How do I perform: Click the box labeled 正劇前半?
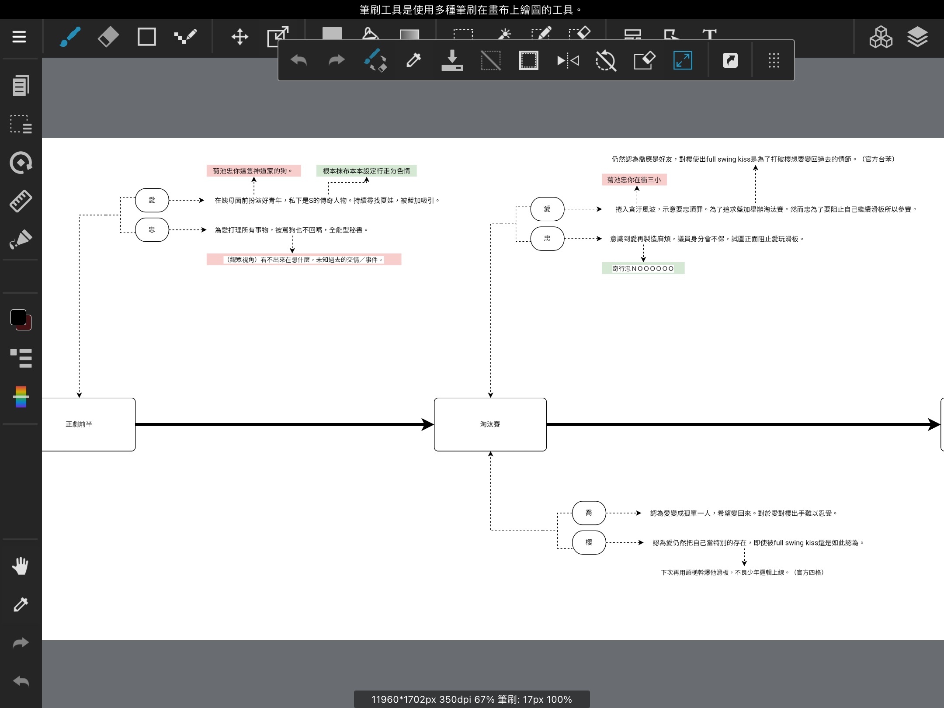(x=88, y=424)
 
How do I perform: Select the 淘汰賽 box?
(x=490, y=424)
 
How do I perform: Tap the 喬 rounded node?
(x=589, y=513)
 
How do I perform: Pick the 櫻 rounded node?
(x=589, y=542)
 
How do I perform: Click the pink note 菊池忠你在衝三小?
(x=634, y=180)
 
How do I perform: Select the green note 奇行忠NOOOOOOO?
(x=643, y=268)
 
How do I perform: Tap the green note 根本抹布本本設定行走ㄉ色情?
(x=366, y=171)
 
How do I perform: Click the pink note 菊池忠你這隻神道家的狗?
(x=253, y=171)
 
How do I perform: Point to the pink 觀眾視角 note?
(x=304, y=260)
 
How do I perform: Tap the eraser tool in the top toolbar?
(x=108, y=37)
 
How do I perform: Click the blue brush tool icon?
(x=70, y=37)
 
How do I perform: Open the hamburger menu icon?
(x=19, y=37)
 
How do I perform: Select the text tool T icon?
(x=709, y=35)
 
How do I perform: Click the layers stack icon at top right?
(x=917, y=37)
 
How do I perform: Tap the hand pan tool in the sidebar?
(x=20, y=566)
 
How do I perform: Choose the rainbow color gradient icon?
(x=21, y=396)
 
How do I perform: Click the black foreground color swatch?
(x=18, y=317)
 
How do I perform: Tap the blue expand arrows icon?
(x=683, y=60)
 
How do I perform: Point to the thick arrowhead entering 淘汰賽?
(x=427, y=424)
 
